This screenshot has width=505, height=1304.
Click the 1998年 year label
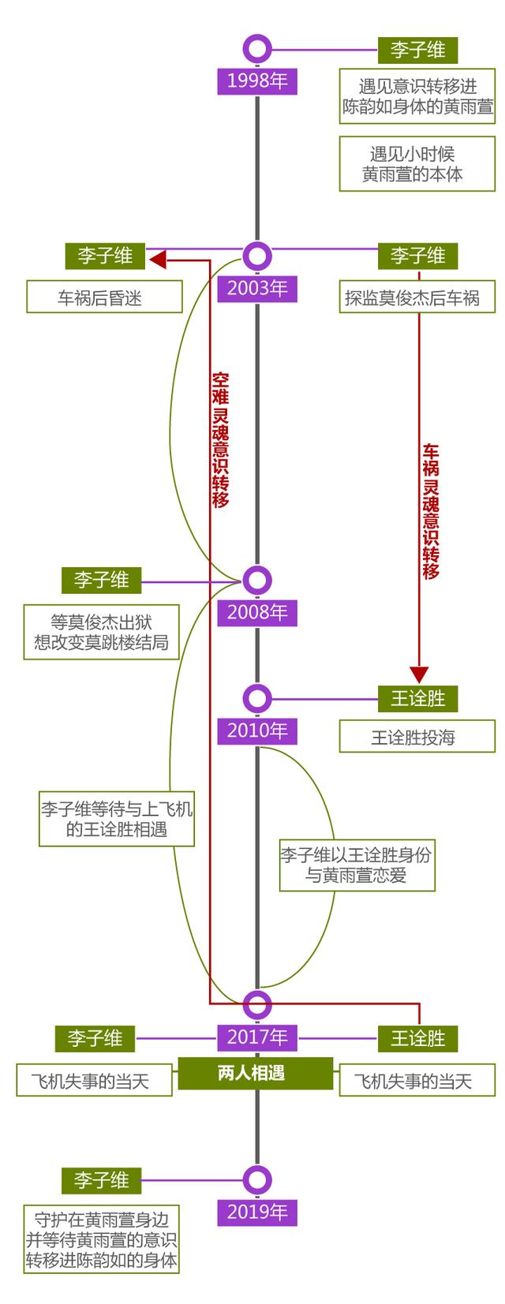click(257, 81)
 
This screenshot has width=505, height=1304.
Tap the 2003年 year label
click(257, 289)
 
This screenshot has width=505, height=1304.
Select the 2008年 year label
click(257, 612)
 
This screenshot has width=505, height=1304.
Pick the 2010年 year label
click(257, 731)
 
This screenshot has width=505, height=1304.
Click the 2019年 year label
click(257, 1212)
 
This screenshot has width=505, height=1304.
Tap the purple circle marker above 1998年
click(257, 49)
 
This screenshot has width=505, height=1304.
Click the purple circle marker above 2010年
click(257, 698)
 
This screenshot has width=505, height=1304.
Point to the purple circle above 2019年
click(257, 1180)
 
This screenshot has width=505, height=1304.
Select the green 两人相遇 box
click(251, 1073)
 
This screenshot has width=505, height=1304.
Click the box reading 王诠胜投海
click(417, 738)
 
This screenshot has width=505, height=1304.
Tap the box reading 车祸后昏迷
click(104, 297)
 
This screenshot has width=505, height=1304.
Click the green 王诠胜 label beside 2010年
click(417, 698)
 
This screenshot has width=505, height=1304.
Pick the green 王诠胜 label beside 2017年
click(417, 1038)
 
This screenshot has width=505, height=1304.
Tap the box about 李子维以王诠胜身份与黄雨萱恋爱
click(357, 865)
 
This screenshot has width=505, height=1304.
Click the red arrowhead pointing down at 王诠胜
click(419, 674)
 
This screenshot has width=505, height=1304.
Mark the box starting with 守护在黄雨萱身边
click(101, 1239)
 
